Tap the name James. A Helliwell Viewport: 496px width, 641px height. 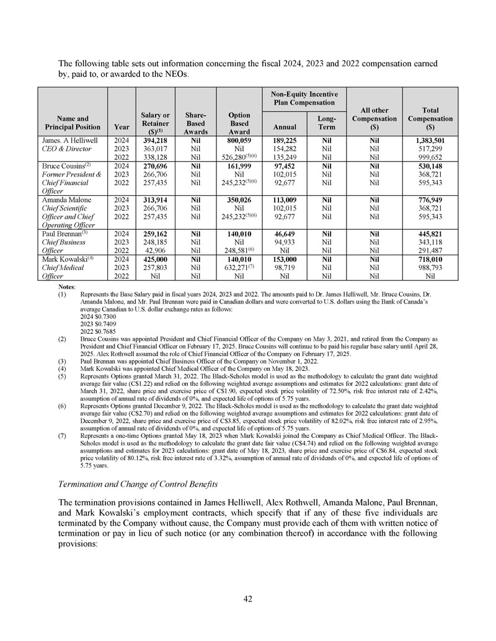(x=68, y=141)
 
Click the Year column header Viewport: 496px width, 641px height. (x=122, y=128)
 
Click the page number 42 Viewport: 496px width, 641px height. (x=248, y=599)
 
